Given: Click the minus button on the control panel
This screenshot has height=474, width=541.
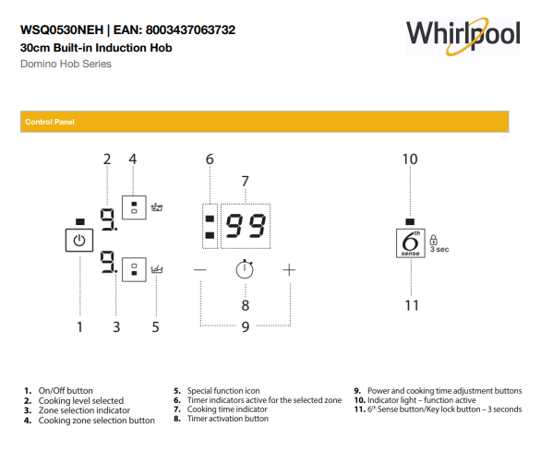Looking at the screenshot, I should coord(201,269).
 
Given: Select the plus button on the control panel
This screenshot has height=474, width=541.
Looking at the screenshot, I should coord(289,269).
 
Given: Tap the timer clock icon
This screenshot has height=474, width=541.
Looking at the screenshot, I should coord(245,269).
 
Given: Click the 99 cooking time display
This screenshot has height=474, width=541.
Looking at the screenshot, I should coord(246,226).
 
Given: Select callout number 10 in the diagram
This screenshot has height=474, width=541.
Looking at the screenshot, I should coord(410,159).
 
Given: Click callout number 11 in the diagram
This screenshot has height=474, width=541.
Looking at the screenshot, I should coord(411,305).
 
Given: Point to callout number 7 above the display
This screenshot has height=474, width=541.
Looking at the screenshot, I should coord(246,181).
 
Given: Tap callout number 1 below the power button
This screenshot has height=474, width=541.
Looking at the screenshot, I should coord(79,326).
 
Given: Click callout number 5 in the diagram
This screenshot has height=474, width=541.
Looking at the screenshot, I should coord(155,326).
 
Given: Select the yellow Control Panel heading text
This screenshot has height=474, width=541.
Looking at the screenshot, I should coord(50,122).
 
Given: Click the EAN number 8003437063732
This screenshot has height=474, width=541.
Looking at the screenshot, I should coord(191,30).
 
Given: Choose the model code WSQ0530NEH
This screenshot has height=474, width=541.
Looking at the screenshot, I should coord(59,30).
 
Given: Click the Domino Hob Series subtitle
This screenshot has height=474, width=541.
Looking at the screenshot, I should coord(66,64).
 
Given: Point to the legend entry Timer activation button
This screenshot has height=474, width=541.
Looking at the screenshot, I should coord(227,419).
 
